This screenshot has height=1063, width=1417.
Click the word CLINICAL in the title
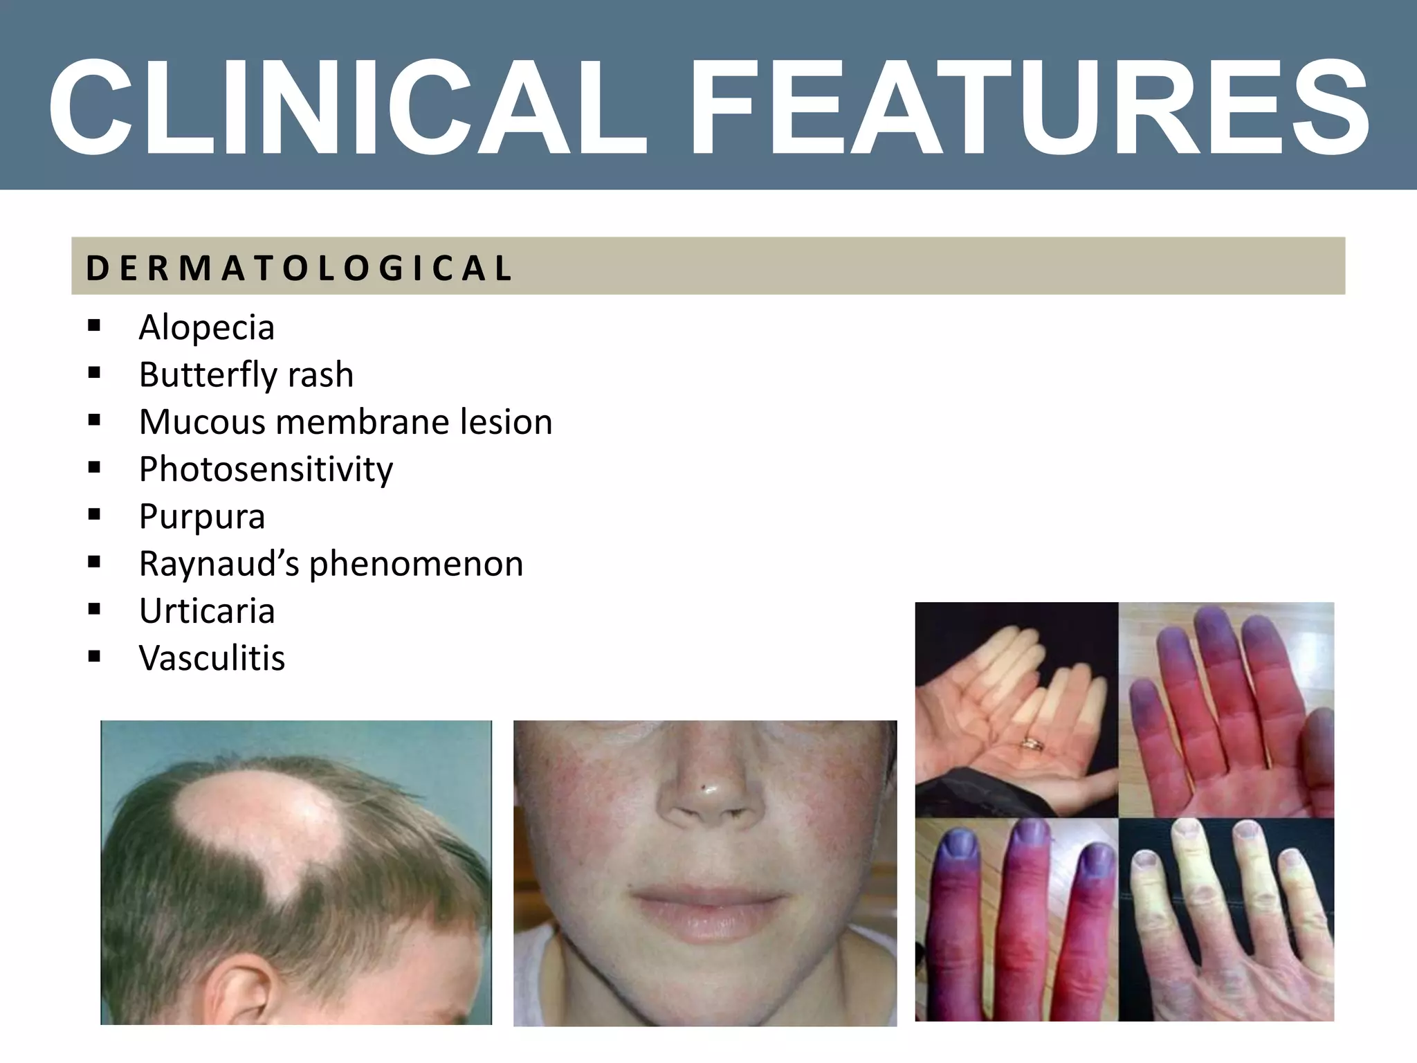point(346,107)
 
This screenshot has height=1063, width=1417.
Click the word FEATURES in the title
point(1031,107)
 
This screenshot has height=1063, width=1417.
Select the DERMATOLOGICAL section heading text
point(299,269)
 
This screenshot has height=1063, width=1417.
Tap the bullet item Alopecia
point(206,327)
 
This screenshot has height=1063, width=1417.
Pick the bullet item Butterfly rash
point(246,374)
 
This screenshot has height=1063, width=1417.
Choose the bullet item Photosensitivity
point(266,469)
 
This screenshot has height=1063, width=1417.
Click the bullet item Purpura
point(201,516)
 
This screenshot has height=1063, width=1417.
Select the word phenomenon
point(416,563)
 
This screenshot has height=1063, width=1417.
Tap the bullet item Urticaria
point(207,611)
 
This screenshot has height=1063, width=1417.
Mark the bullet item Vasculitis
point(212,658)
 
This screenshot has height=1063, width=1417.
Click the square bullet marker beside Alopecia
point(95,325)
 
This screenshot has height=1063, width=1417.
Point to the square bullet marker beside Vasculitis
point(95,656)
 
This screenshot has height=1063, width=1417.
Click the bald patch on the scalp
point(259,827)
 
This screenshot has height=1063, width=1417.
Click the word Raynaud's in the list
point(219,563)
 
